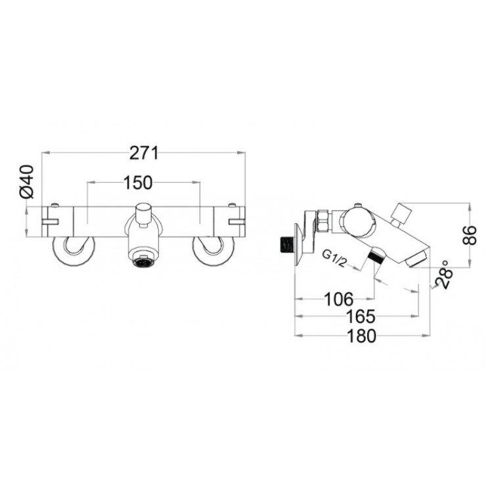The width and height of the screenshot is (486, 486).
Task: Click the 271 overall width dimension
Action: [x=144, y=153]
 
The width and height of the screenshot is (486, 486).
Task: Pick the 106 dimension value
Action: [x=340, y=299]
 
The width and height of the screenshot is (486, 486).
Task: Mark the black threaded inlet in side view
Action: [x=284, y=244]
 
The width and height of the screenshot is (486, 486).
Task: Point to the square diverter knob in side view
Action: [x=400, y=213]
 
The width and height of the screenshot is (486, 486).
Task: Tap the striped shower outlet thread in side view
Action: [x=377, y=255]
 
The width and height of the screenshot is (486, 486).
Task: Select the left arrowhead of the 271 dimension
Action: [x=44, y=153]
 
